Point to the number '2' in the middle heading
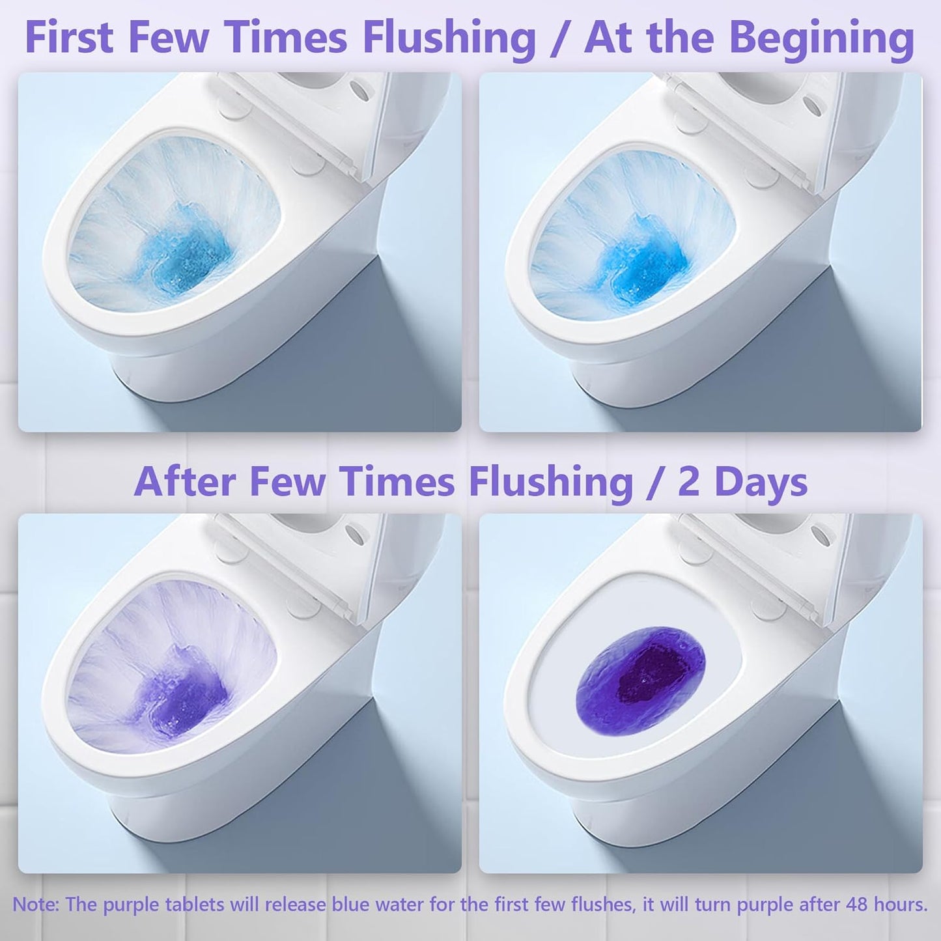[x=690, y=483]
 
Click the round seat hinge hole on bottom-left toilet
[x=355, y=534]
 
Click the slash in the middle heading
[x=654, y=483]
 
